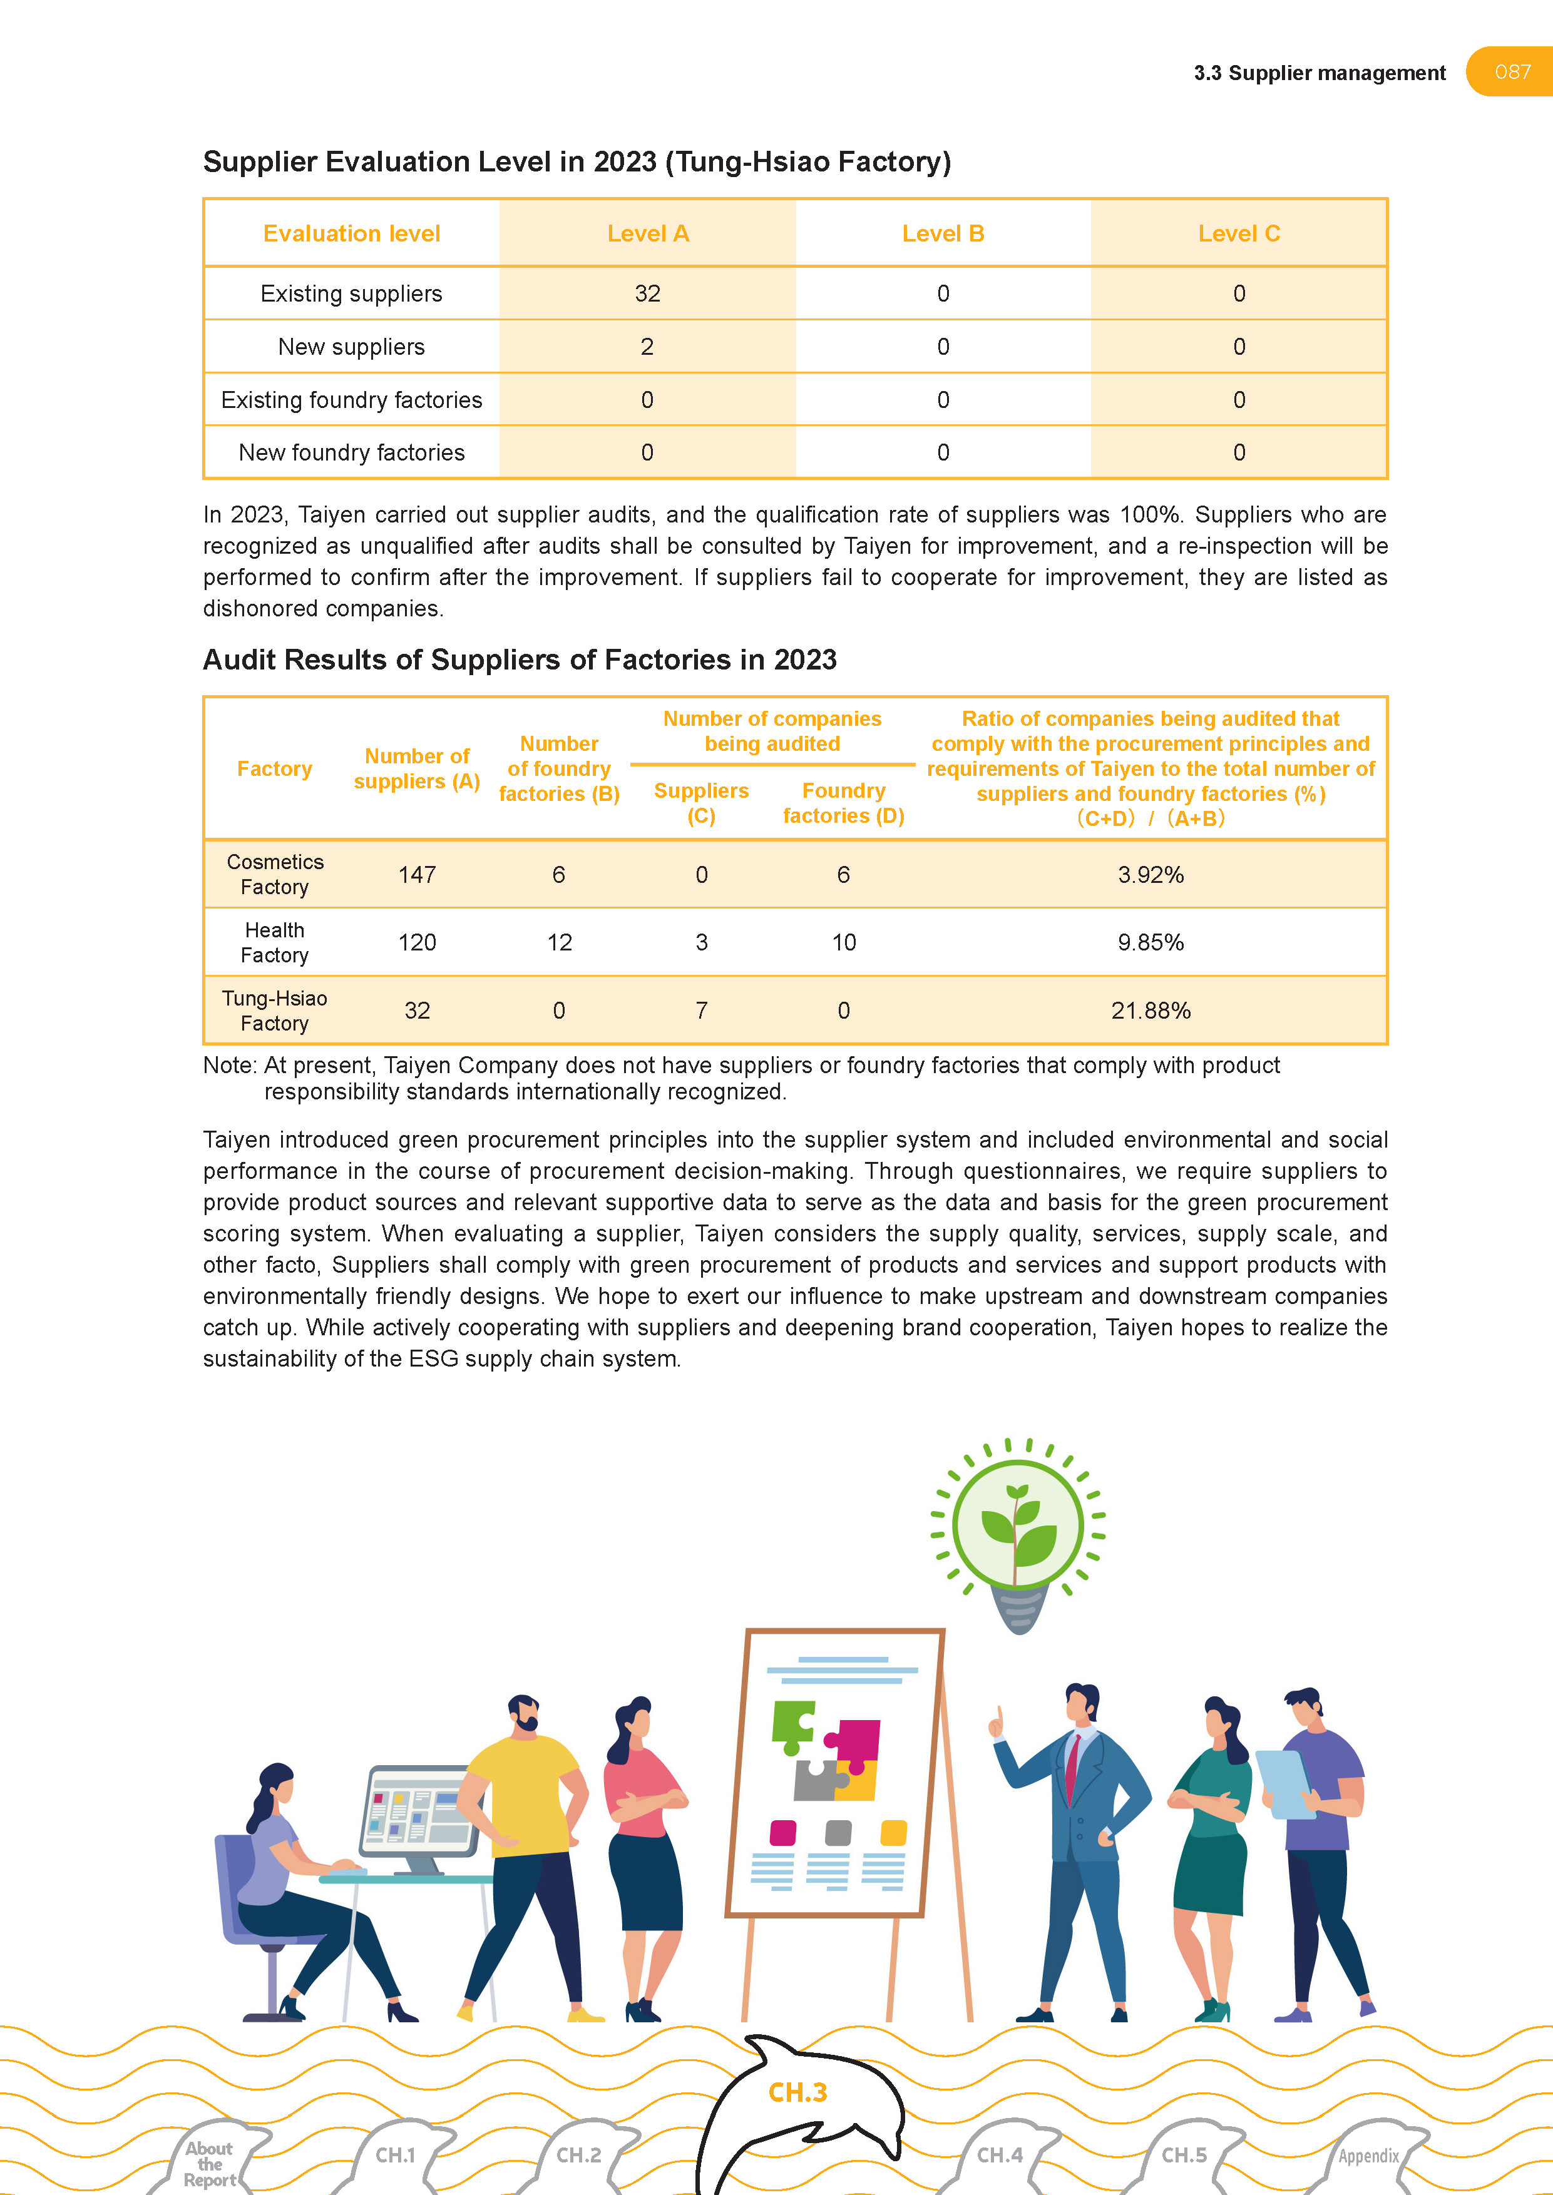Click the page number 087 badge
pos(1512,72)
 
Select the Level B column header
pos(943,234)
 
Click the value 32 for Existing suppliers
pos(647,293)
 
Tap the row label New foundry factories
pos(351,453)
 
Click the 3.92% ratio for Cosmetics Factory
pos(1151,875)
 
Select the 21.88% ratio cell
pos(1151,1011)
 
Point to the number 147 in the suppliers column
pos(417,875)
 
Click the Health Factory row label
pos(274,942)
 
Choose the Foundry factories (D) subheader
pos(843,803)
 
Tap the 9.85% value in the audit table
pos(1151,942)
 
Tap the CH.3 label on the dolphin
pos(797,2093)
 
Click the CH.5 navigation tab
pos(1184,2155)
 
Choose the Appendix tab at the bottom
pos(1368,2156)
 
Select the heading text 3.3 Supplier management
pos(1319,74)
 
